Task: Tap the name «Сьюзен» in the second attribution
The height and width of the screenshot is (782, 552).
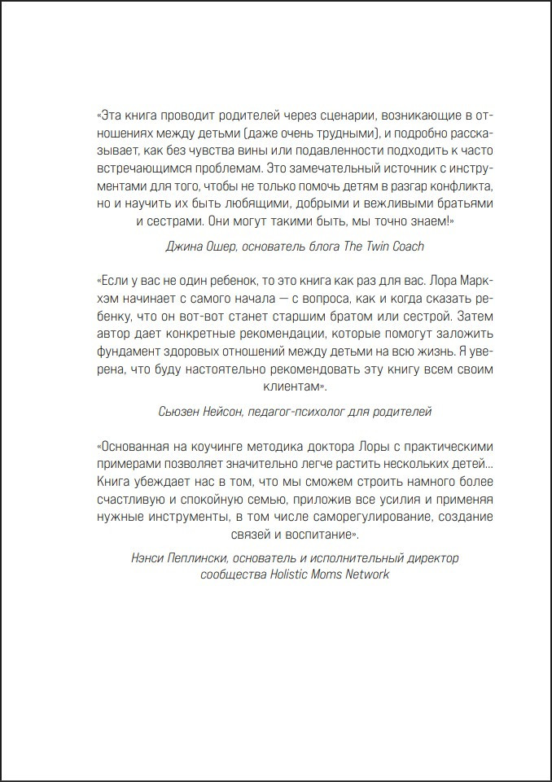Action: point(182,413)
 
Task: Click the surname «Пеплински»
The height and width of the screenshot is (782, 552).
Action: point(216,557)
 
